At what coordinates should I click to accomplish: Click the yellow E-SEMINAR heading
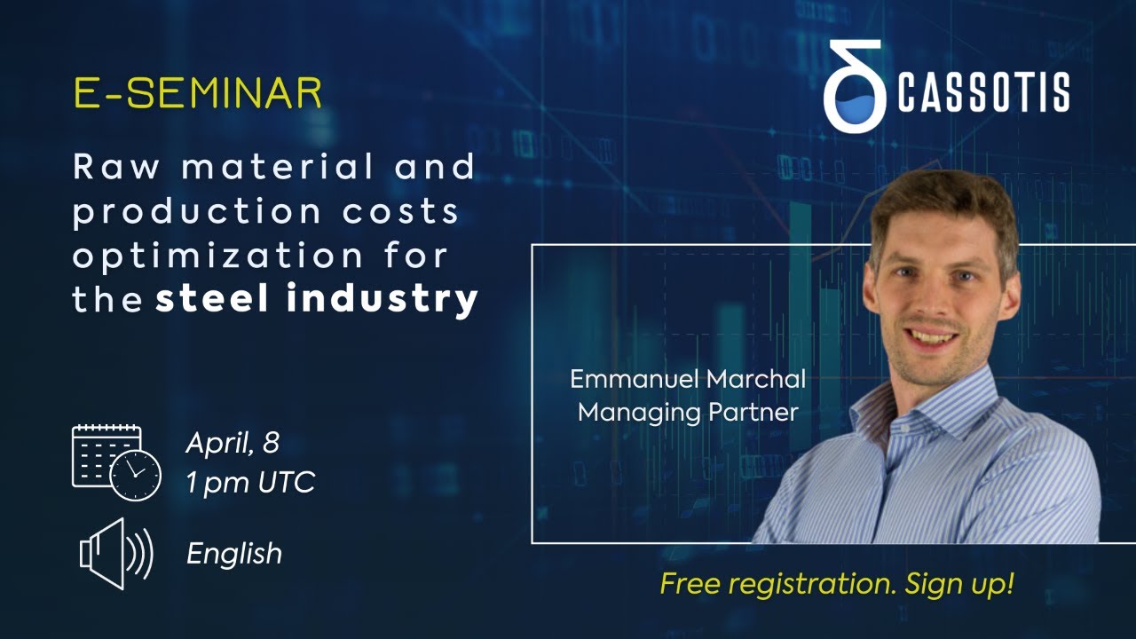click(197, 94)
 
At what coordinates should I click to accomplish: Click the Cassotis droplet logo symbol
click(854, 87)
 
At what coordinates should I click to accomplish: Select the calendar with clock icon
click(115, 462)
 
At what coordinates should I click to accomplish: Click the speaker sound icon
click(116, 554)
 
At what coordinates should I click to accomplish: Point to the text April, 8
click(233, 443)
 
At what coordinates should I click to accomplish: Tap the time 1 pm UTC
click(250, 484)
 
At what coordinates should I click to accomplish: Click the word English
click(234, 554)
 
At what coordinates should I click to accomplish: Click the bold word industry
click(383, 299)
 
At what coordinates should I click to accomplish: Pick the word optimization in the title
click(217, 256)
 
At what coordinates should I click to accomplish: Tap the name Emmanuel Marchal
click(688, 380)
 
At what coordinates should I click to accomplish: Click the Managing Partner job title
click(688, 412)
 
